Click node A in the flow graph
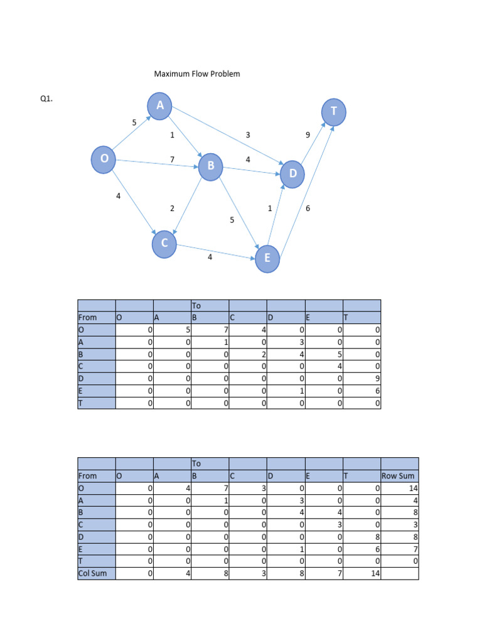[160, 106]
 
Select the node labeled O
[104, 159]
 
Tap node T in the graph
[334, 111]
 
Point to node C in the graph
[164, 243]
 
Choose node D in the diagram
[292, 173]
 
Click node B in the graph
[211, 166]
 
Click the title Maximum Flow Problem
[197, 74]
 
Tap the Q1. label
[46, 99]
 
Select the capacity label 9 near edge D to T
[308, 135]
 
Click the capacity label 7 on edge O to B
[172, 159]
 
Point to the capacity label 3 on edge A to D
[248, 135]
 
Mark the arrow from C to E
[217, 251]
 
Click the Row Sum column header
[398, 476]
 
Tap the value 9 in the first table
[377, 379]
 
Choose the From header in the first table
[88, 318]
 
